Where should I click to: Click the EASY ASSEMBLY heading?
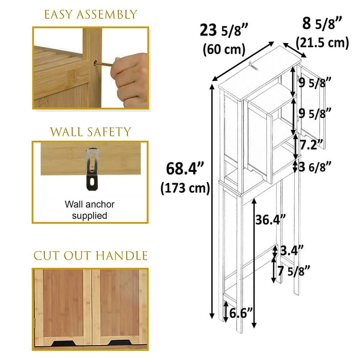[90, 14]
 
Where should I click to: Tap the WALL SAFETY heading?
[90, 132]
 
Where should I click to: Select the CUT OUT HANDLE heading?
[90, 256]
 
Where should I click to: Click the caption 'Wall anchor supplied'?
[90, 210]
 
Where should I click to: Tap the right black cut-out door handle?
[120, 343]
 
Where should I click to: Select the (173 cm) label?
[185, 188]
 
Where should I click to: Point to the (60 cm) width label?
[224, 49]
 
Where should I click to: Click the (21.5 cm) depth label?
[322, 43]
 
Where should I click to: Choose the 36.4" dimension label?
[271, 220]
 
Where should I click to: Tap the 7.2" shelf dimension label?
[311, 145]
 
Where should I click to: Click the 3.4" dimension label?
[292, 250]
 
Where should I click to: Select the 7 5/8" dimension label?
[294, 271]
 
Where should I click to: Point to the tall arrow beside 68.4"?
[212, 201]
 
